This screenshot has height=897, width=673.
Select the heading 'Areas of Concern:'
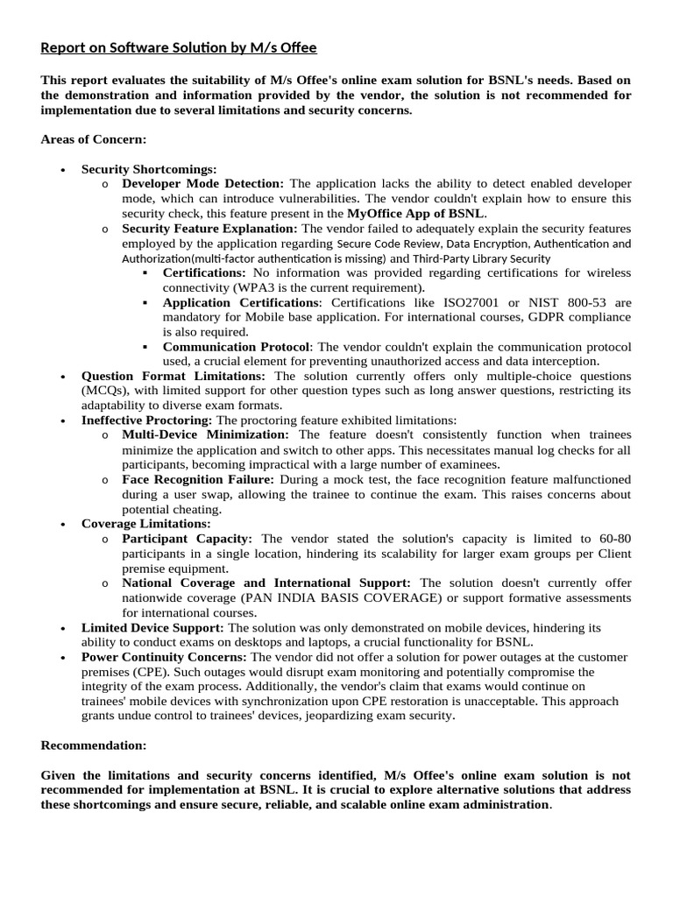click(x=94, y=139)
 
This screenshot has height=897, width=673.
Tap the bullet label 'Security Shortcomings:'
click(x=149, y=169)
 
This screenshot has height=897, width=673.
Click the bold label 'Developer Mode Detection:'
click(x=203, y=183)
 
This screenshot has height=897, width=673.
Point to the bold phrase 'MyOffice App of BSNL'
click(x=415, y=213)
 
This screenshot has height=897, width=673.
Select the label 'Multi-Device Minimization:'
click(x=205, y=434)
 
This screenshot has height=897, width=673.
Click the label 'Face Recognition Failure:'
click(x=198, y=479)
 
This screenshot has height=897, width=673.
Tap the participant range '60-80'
click(x=611, y=539)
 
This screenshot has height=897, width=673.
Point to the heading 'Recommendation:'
click(x=94, y=745)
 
